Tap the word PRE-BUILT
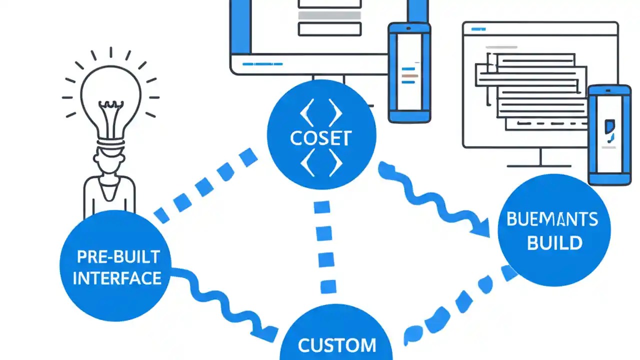coord(118,257)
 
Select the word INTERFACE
coord(117,278)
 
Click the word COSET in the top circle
coord(321,138)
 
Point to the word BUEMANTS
coord(552,219)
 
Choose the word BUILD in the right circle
coord(554,243)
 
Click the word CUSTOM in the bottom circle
coord(336,345)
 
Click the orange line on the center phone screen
coord(409,75)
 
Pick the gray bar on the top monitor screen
coord(329,15)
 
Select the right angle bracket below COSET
coord(335,162)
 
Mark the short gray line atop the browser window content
coord(501,47)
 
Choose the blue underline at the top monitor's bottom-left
coord(262,64)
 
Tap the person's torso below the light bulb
coord(109,192)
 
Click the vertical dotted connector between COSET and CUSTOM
coord(324,247)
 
